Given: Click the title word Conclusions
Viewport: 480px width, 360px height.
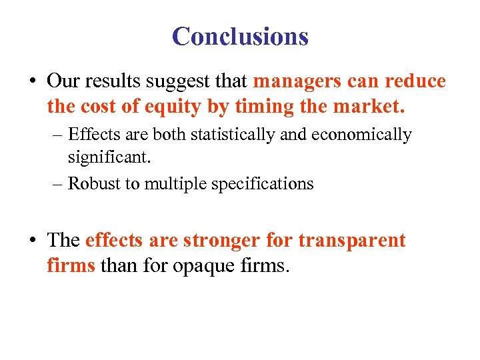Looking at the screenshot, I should [x=240, y=36].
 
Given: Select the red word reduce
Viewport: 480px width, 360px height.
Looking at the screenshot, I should [x=413, y=81].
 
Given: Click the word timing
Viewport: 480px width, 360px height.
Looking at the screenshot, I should [x=256, y=106].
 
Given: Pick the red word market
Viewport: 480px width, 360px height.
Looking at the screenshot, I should [x=371, y=106].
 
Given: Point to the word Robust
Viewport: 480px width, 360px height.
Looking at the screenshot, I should [x=94, y=183].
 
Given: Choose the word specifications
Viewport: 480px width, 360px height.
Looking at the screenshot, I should [x=263, y=184].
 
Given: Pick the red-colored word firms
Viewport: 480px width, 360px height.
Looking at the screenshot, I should [x=71, y=265].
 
